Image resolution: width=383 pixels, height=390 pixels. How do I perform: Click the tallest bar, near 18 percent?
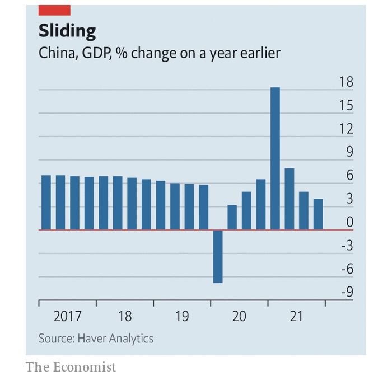[x=275, y=158]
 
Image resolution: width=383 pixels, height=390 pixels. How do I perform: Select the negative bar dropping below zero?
[x=218, y=256]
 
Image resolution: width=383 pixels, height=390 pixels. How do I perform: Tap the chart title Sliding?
[x=67, y=30]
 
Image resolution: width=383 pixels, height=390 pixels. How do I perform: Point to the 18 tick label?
[x=346, y=82]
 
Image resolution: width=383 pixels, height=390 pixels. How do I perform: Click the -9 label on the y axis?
[x=346, y=292]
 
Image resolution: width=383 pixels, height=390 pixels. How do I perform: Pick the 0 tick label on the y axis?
[x=350, y=222]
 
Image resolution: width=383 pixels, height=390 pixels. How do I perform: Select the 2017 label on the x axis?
[x=67, y=317]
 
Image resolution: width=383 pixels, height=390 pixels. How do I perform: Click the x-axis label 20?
[x=239, y=317]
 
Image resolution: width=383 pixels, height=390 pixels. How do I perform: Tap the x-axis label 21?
[x=296, y=317]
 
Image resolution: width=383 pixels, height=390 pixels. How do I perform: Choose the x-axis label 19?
[x=182, y=317]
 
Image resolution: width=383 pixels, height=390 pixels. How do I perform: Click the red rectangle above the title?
[x=54, y=10]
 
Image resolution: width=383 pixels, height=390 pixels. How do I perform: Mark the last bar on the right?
[x=318, y=214]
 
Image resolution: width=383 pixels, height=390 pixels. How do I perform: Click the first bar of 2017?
[x=46, y=203]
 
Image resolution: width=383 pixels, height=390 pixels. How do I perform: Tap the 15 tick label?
[x=346, y=106]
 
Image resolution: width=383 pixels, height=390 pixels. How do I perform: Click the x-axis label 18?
[x=125, y=317]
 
